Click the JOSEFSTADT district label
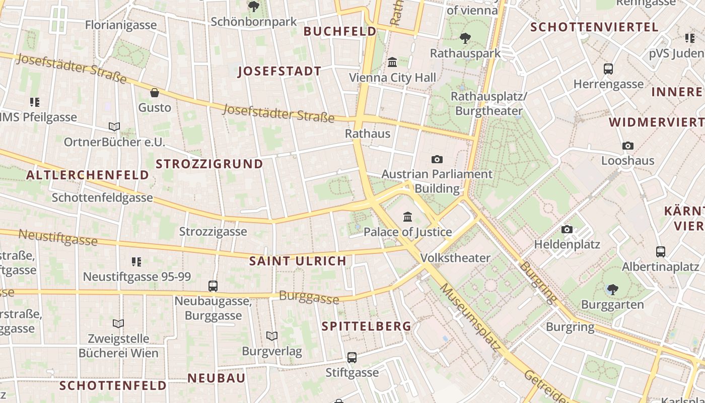[x=279, y=71]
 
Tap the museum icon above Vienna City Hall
[x=392, y=62]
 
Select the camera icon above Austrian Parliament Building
[x=437, y=159]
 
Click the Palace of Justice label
[x=407, y=232]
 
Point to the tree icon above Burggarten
[x=612, y=289]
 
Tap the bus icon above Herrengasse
[x=608, y=69]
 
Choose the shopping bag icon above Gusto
[x=155, y=93]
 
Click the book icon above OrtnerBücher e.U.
[x=114, y=127]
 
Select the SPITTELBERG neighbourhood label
[x=367, y=326]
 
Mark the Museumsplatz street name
[x=470, y=317]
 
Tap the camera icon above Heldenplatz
[x=567, y=230]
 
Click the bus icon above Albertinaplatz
[x=661, y=251]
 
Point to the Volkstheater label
[x=455, y=258]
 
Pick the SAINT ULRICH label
[x=298, y=261]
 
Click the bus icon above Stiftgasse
[x=352, y=358]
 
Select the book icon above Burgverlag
[x=272, y=336]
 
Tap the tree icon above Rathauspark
[x=465, y=38]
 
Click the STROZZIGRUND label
[x=209, y=164]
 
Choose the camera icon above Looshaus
[x=627, y=146]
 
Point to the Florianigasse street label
[x=121, y=25]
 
